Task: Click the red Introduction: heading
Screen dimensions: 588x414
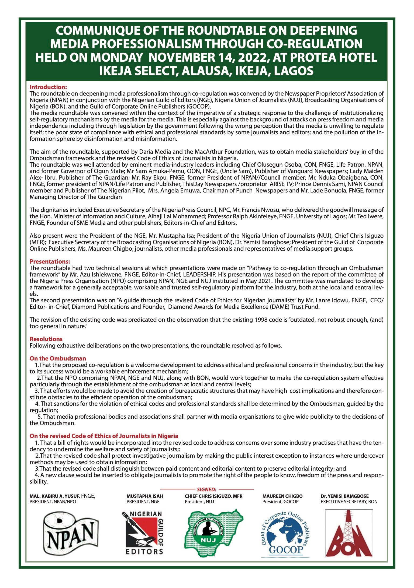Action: [x=48, y=87]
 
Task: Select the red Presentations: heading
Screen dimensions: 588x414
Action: [x=50, y=261]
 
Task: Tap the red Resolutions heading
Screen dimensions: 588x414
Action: [x=46, y=339]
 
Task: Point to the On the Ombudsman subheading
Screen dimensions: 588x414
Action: [x=58, y=358]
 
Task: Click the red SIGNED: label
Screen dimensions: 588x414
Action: [x=207, y=489]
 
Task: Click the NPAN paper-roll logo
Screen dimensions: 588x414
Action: [x=71, y=534]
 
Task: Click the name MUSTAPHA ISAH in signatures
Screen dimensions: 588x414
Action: [x=145, y=496]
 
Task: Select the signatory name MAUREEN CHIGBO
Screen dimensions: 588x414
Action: [x=282, y=496]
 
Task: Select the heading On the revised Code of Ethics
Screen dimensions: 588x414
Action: [x=104, y=436]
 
